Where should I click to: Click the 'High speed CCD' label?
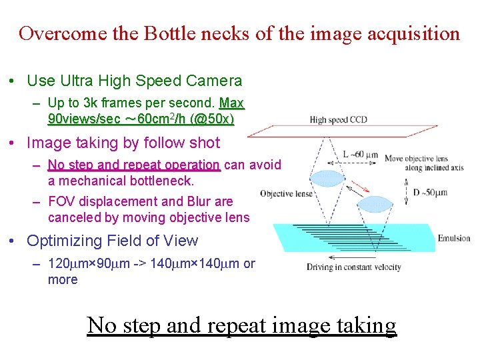[338, 120]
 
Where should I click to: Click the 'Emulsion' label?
[454, 239]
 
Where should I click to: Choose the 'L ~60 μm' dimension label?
[360, 155]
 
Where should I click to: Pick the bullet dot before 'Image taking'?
[13, 143]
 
